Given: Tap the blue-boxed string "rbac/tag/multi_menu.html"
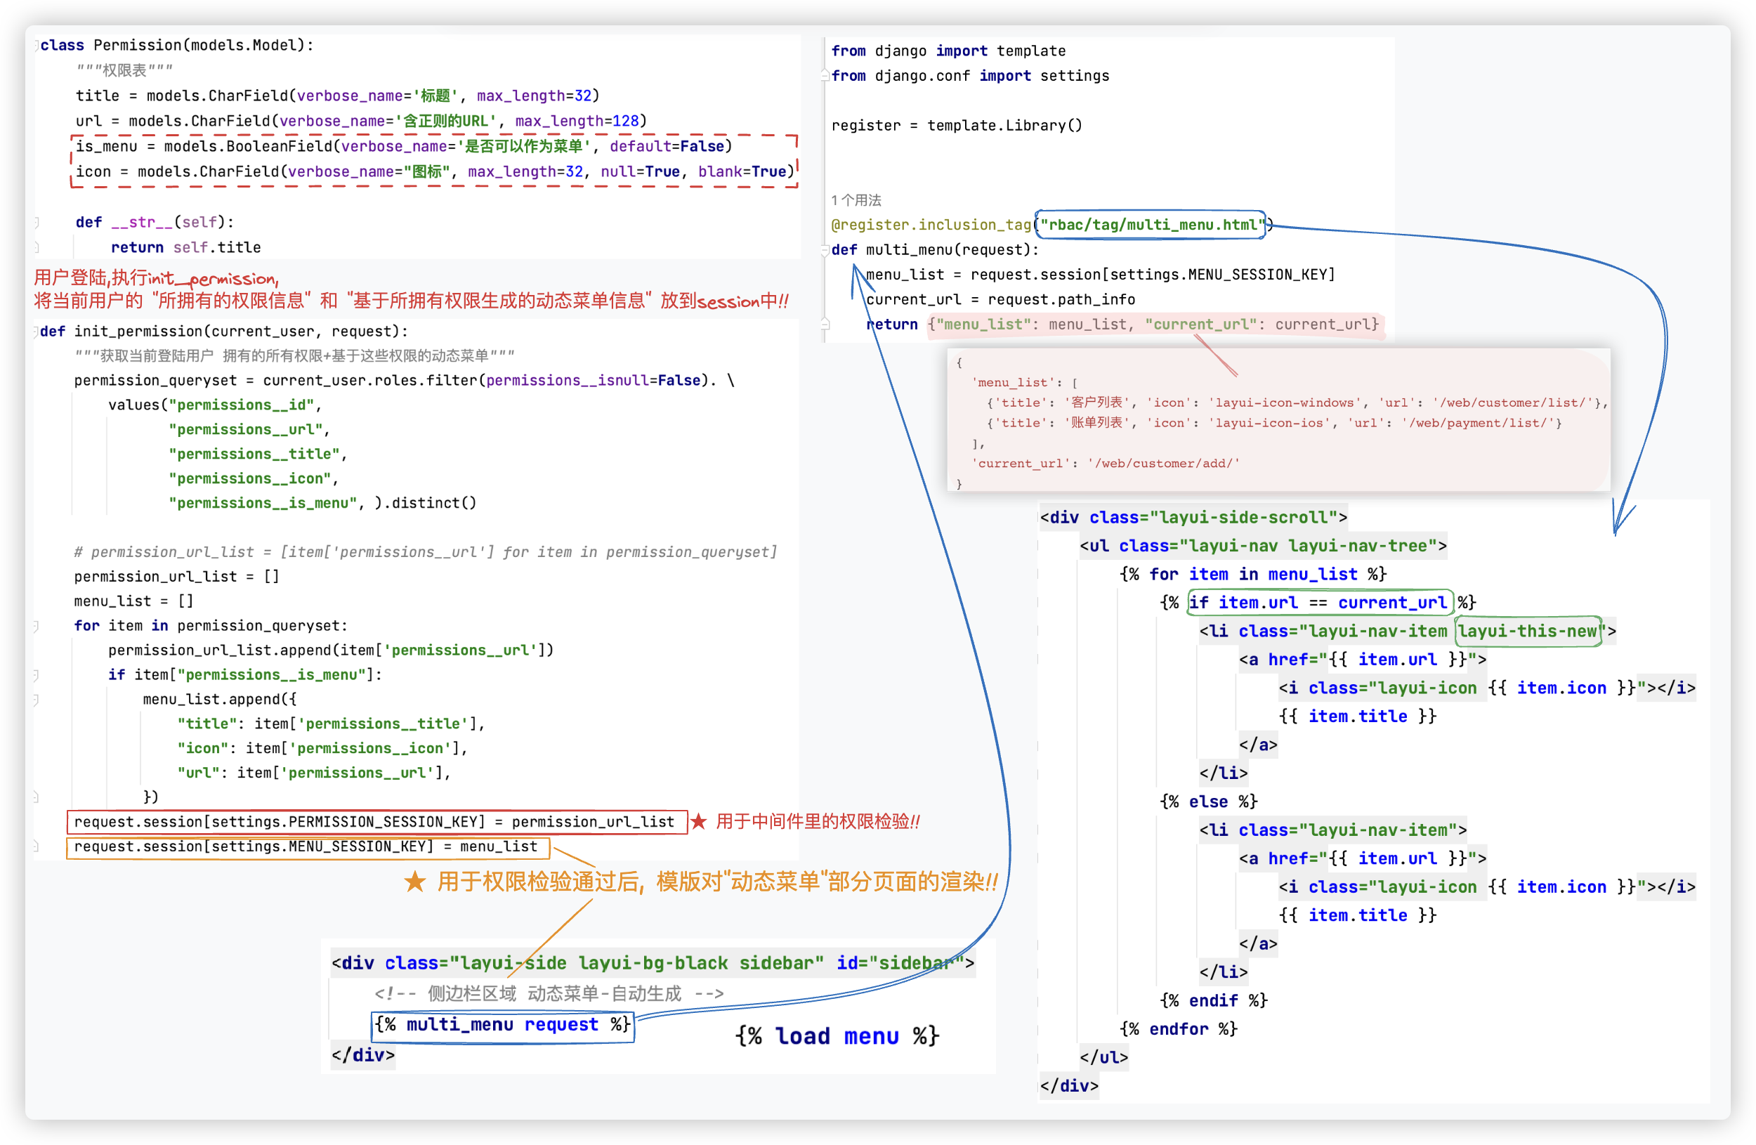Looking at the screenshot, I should [x=1151, y=225].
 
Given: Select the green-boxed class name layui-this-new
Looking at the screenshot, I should [x=1528, y=632].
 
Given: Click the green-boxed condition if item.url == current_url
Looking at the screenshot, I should [x=1319, y=603].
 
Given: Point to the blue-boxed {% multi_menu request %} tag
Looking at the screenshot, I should [x=502, y=1025].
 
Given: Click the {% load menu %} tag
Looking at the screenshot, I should [x=837, y=1037].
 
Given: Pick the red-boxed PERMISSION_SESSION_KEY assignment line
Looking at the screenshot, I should [x=374, y=822].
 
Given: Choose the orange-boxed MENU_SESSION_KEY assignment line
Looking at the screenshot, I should [x=306, y=847].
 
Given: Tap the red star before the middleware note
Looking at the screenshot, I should [x=699, y=822].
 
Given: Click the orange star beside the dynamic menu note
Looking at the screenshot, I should [x=414, y=882].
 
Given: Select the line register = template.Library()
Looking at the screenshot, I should [x=956, y=126].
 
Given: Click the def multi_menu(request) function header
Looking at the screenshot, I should [x=935, y=250].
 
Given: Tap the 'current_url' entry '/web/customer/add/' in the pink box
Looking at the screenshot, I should [x=1162, y=464].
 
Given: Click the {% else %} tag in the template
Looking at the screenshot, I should [x=1208, y=802].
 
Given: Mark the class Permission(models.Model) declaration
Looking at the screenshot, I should [x=177, y=45].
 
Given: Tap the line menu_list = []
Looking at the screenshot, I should [x=133, y=601].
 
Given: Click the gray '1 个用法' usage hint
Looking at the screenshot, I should [x=856, y=200].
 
